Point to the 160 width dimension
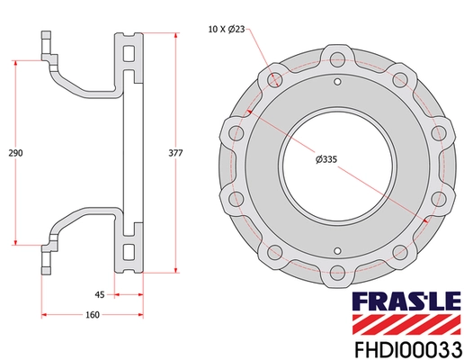click(x=93, y=314)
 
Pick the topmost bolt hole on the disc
click(x=337, y=61)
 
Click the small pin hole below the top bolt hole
click(x=337, y=81)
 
